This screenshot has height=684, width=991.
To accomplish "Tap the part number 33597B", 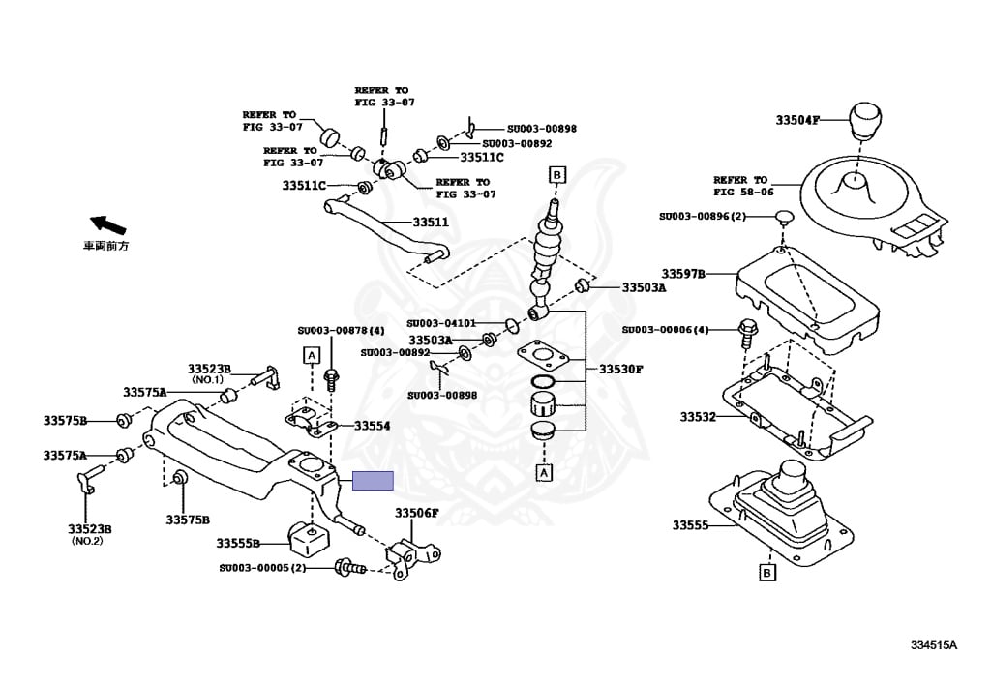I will (683, 274).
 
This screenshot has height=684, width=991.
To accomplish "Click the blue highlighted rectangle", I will (373, 481).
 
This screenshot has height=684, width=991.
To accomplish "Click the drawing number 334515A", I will (933, 645).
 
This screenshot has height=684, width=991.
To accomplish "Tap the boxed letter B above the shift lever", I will (556, 175).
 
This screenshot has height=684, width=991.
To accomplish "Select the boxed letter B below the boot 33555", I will (766, 574).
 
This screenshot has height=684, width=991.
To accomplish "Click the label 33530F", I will (620, 370).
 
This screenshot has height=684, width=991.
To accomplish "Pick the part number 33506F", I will (416, 513).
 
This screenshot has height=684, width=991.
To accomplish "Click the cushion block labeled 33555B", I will (306, 535).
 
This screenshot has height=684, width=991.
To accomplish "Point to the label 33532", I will (697, 417).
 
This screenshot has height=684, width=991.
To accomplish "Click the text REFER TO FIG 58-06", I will (740, 186).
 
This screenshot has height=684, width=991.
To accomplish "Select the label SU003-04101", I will (441, 323).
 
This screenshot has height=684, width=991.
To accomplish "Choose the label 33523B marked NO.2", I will (89, 529).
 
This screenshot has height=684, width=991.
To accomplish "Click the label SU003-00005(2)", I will (262, 568).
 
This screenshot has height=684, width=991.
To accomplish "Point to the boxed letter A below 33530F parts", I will (544, 473).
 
